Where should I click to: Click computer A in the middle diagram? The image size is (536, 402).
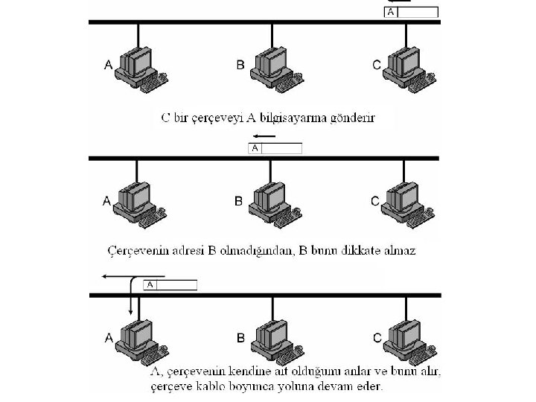140,200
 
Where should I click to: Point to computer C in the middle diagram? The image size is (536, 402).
406,200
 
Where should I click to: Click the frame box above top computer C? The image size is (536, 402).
411,12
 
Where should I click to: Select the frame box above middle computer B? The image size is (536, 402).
275,148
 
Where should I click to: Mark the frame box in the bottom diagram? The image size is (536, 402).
170,284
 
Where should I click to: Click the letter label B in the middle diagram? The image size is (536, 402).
239,200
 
